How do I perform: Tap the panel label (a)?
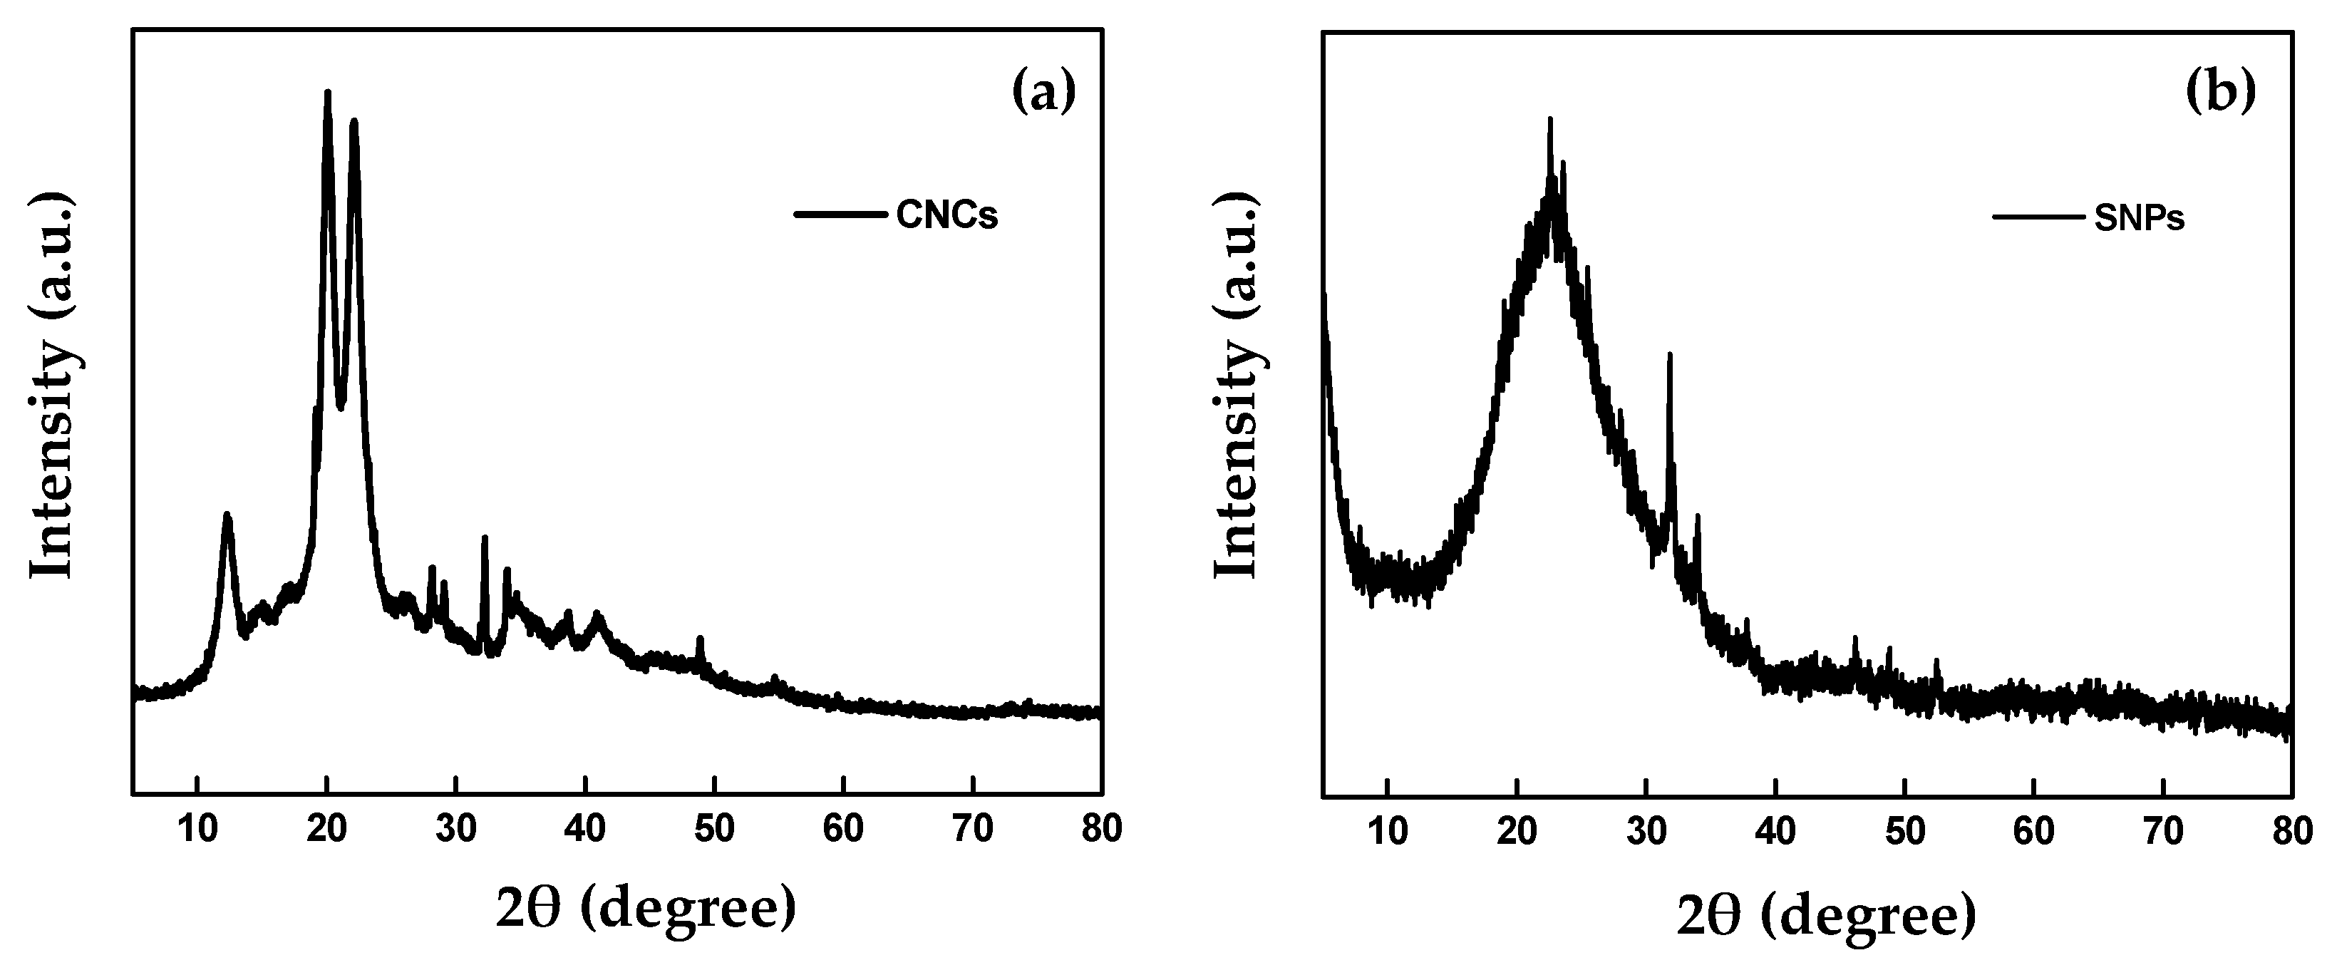pos(1043,93)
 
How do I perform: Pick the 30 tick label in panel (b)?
pos(1646,830)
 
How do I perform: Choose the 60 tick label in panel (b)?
pos(2033,830)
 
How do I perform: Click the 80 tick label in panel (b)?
pos(2291,830)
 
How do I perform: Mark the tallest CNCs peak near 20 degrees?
pos(327,93)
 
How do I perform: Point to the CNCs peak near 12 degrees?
pos(227,516)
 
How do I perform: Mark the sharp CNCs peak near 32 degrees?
pos(485,539)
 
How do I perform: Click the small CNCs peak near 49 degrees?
pos(700,639)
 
